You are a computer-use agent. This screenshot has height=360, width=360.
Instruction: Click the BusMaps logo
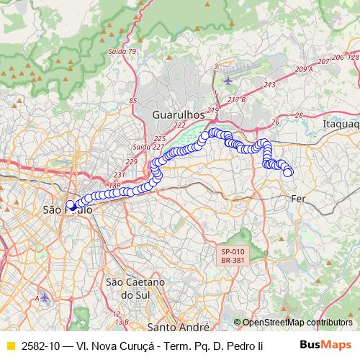tap(326, 344)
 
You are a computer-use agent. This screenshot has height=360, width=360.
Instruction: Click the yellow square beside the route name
tap(10, 345)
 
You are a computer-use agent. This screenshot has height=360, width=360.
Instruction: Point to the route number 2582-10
tap(42, 345)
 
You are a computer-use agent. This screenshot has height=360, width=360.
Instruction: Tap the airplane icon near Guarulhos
tap(229, 80)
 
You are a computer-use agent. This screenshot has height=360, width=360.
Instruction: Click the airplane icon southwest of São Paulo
tap(45, 297)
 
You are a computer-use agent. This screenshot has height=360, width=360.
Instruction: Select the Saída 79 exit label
tap(121, 52)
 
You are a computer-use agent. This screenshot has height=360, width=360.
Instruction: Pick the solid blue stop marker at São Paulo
tap(71, 204)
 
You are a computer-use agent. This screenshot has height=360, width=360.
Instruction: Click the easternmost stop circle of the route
tap(289, 171)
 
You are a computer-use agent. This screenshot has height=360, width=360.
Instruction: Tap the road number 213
tap(269, 85)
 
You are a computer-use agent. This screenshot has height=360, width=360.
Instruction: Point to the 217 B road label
tap(236, 99)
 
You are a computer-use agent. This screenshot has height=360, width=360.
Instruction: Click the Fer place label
tap(300, 198)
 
